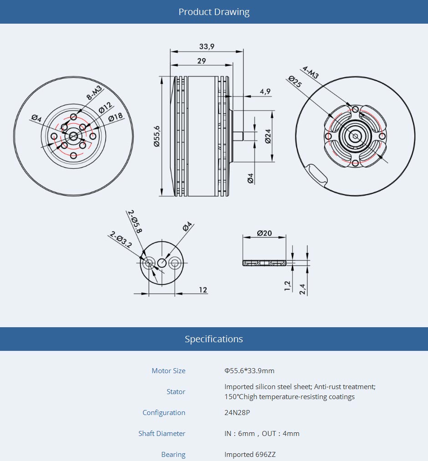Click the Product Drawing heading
214,12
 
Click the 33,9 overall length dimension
207,46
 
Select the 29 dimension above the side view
202,61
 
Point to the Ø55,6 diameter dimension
157,136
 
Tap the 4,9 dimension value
265,91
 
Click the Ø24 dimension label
268,137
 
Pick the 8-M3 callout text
94,93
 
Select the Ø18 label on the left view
116,117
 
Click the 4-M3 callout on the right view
311,72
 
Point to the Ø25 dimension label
295,81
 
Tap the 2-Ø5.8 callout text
135,221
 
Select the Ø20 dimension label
264,233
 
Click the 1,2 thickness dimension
287,286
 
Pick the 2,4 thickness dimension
302,289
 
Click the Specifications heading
214,339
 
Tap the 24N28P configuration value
237,412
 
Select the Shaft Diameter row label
162,433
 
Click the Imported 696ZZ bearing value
250,455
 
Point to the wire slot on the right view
316,176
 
